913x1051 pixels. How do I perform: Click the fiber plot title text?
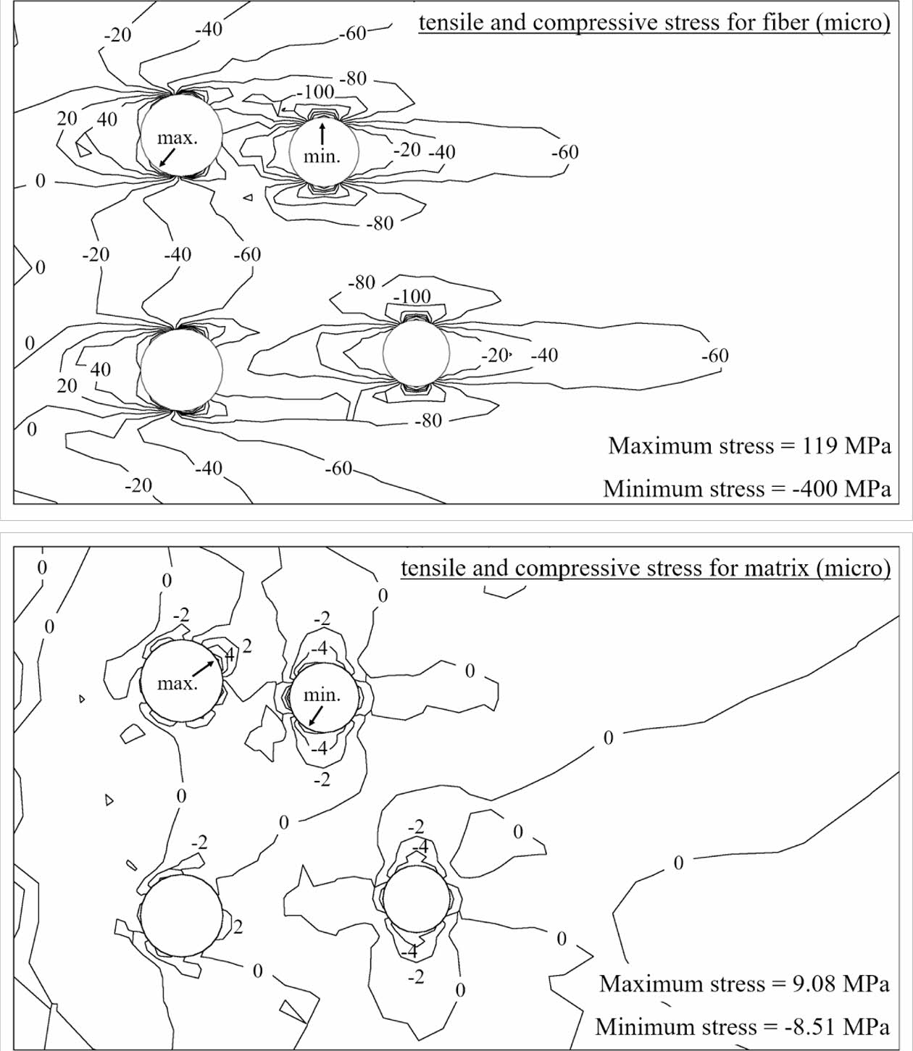[x=654, y=23]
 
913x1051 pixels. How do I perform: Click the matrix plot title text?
[x=645, y=568]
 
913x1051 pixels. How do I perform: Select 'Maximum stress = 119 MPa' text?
[x=749, y=445]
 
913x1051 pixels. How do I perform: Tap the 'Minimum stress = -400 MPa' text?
[x=746, y=489]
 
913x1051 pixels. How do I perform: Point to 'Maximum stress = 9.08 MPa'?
[x=744, y=984]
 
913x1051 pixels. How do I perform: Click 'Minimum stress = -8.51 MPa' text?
[x=743, y=1027]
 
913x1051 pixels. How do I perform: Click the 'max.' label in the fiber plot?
[x=178, y=138]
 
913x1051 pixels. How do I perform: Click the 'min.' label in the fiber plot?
[x=321, y=156]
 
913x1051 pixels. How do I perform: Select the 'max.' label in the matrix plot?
[x=178, y=683]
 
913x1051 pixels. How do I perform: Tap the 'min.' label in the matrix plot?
[x=321, y=695]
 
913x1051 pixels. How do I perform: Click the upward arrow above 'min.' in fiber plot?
[x=322, y=133]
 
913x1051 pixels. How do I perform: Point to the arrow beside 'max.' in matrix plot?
[x=204, y=669]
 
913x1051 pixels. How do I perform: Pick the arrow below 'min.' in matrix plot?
[x=315, y=716]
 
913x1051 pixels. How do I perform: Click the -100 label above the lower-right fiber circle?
[x=412, y=296]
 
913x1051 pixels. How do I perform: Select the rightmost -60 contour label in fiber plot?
[x=714, y=356]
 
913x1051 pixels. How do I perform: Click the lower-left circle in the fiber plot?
[x=180, y=370]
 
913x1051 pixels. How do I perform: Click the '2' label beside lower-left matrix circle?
[x=238, y=927]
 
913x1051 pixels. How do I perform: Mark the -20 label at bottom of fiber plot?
[x=138, y=485]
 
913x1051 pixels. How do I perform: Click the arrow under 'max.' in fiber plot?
[x=167, y=158]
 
